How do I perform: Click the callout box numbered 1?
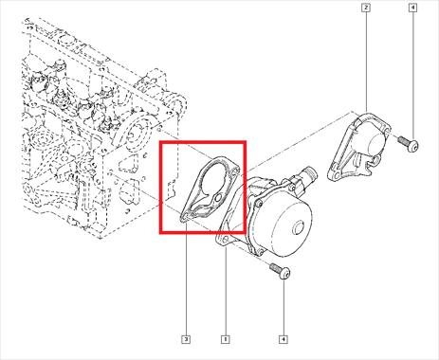(x=225, y=339)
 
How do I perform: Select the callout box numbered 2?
(x=366, y=8)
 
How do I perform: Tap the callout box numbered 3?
(x=186, y=339)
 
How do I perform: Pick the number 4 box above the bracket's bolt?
(x=412, y=8)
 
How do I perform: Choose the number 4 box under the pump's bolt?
(x=284, y=339)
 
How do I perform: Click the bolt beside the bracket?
(x=409, y=143)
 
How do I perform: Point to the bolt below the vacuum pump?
(x=281, y=271)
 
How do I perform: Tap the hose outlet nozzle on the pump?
(x=307, y=176)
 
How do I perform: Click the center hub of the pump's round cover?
(x=299, y=227)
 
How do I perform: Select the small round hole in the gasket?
(x=218, y=198)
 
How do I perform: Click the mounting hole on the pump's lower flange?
(x=224, y=238)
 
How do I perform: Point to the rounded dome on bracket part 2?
(x=372, y=143)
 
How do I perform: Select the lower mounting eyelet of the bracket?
(x=336, y=174)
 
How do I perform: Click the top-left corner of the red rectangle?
(x=160, y=142)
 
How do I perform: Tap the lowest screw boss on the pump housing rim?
(x=260, y=252)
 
